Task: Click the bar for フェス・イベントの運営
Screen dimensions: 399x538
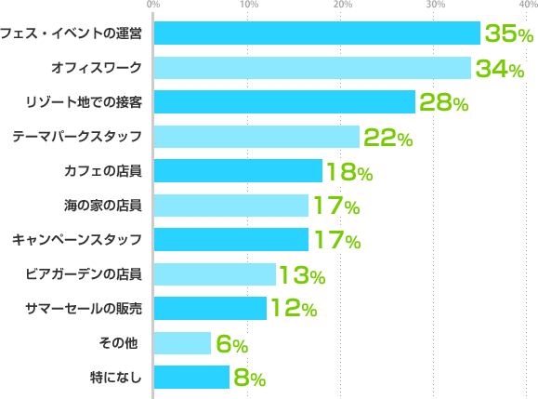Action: point(316,33)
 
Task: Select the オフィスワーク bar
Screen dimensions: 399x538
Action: point(311,68)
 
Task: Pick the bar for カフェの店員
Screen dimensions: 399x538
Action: point(237,171)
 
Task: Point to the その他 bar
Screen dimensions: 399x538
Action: point(181,343)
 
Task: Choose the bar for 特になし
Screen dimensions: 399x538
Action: point(190,377)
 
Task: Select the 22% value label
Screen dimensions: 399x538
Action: point(387,139)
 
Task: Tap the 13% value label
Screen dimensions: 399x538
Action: point(300,276)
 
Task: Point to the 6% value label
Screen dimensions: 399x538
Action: point(231,345)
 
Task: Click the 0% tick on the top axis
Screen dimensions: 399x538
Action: point(152,6)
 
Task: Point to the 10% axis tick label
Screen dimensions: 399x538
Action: point(248,6)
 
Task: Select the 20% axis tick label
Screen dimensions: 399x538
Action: point(342,6)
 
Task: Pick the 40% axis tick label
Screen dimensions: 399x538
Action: point(527,6)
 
